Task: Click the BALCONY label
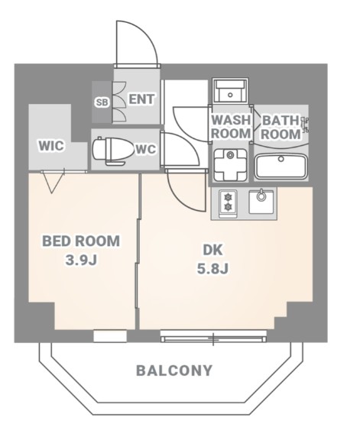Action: point(174,371)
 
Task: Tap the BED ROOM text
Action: point(81,241)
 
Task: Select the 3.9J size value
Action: point(81,261)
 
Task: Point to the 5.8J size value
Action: point(213,269)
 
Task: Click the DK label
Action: point(212,250)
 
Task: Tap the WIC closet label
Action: point(51,145)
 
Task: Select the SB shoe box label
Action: point(102,102)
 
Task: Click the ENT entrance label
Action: point(141,99)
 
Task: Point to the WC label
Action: point(145,150)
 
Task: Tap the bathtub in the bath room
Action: point(281,167)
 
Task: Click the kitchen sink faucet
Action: point(261,195)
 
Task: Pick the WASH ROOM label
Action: point(231,127)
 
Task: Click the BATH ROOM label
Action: point(281,127)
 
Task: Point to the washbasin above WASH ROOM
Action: point(230,91)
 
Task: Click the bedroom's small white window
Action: point(110,336)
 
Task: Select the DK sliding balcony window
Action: point(213,336)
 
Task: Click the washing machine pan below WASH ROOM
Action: point(230,165)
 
